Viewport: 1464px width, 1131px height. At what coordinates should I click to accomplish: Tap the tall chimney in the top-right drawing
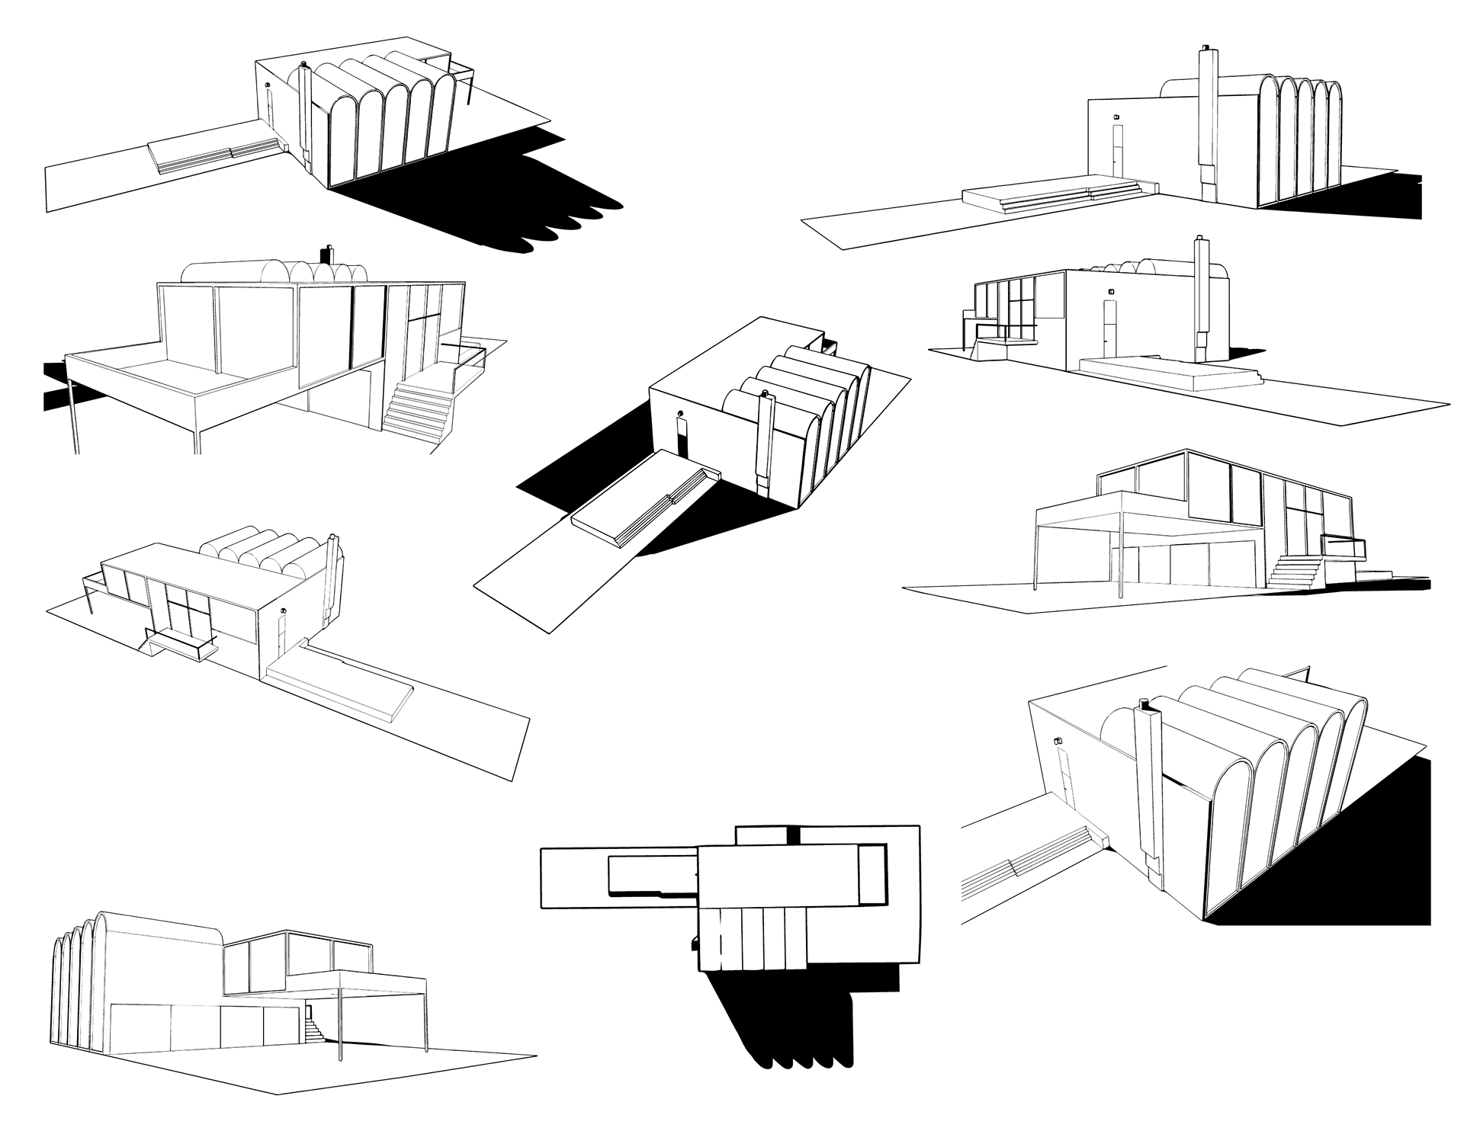point(1208,114)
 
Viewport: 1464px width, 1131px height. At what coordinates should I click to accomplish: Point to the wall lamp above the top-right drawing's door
point(1116,116)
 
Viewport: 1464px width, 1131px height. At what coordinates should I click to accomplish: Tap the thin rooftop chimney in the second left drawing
point(330,253)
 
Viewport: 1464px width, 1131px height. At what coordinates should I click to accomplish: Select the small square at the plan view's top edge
point(768,836)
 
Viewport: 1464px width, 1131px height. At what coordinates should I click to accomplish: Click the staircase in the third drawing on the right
point(1292,571)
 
